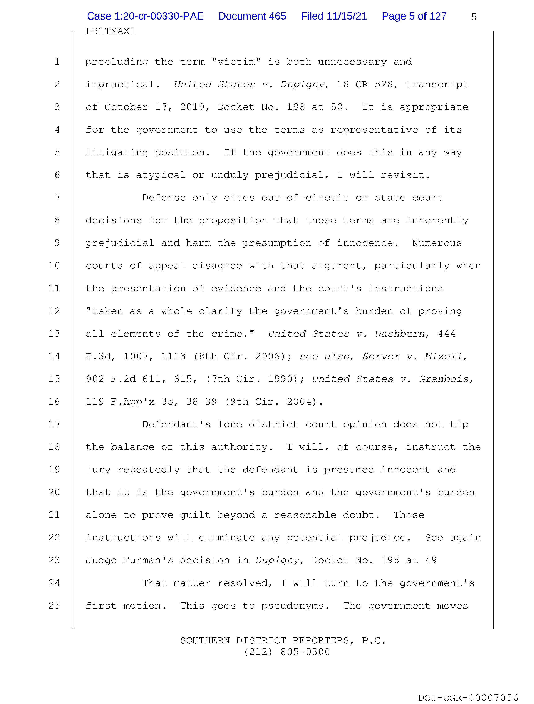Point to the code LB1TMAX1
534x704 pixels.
pos(110,31)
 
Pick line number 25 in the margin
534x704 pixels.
pos(54,605)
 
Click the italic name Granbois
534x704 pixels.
pos(444,379)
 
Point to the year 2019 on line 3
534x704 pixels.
pos(192,107)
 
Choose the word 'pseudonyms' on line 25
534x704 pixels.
pos(292,605)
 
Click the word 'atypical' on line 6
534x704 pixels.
pos(161,175)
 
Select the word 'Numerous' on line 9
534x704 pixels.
pos(437,243)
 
